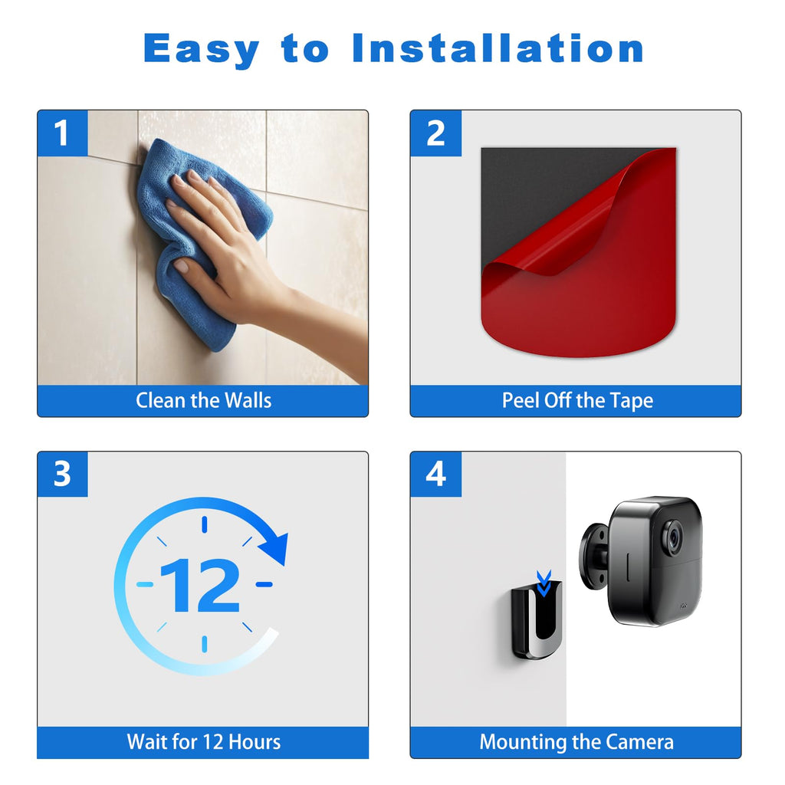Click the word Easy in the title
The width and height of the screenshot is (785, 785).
[x=202, y=49]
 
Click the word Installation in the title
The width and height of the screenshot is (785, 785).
[x=498, y=48]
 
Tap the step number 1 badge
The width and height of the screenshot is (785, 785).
[x=63, y=133]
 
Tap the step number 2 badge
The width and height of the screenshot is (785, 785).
[x=435, y=133]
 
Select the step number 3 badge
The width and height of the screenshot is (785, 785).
[x=63, y=474]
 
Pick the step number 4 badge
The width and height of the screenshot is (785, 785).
[x=435, y=474]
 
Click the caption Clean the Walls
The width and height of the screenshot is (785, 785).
[x=203, y=400]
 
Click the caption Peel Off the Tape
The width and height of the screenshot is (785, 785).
[x=577, y=400]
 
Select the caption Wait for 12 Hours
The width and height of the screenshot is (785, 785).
[x=204, y=742]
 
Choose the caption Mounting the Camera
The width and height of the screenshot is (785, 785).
[x=576, y=742]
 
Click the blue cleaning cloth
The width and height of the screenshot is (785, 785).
[x=200, y=240]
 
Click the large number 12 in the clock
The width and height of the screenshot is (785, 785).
[x=200, y=585]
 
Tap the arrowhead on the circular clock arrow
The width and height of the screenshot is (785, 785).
[x=275, y=549]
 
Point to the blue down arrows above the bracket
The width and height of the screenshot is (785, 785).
[x=544, y=583]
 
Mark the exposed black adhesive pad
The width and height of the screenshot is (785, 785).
[x=540, y=200]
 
